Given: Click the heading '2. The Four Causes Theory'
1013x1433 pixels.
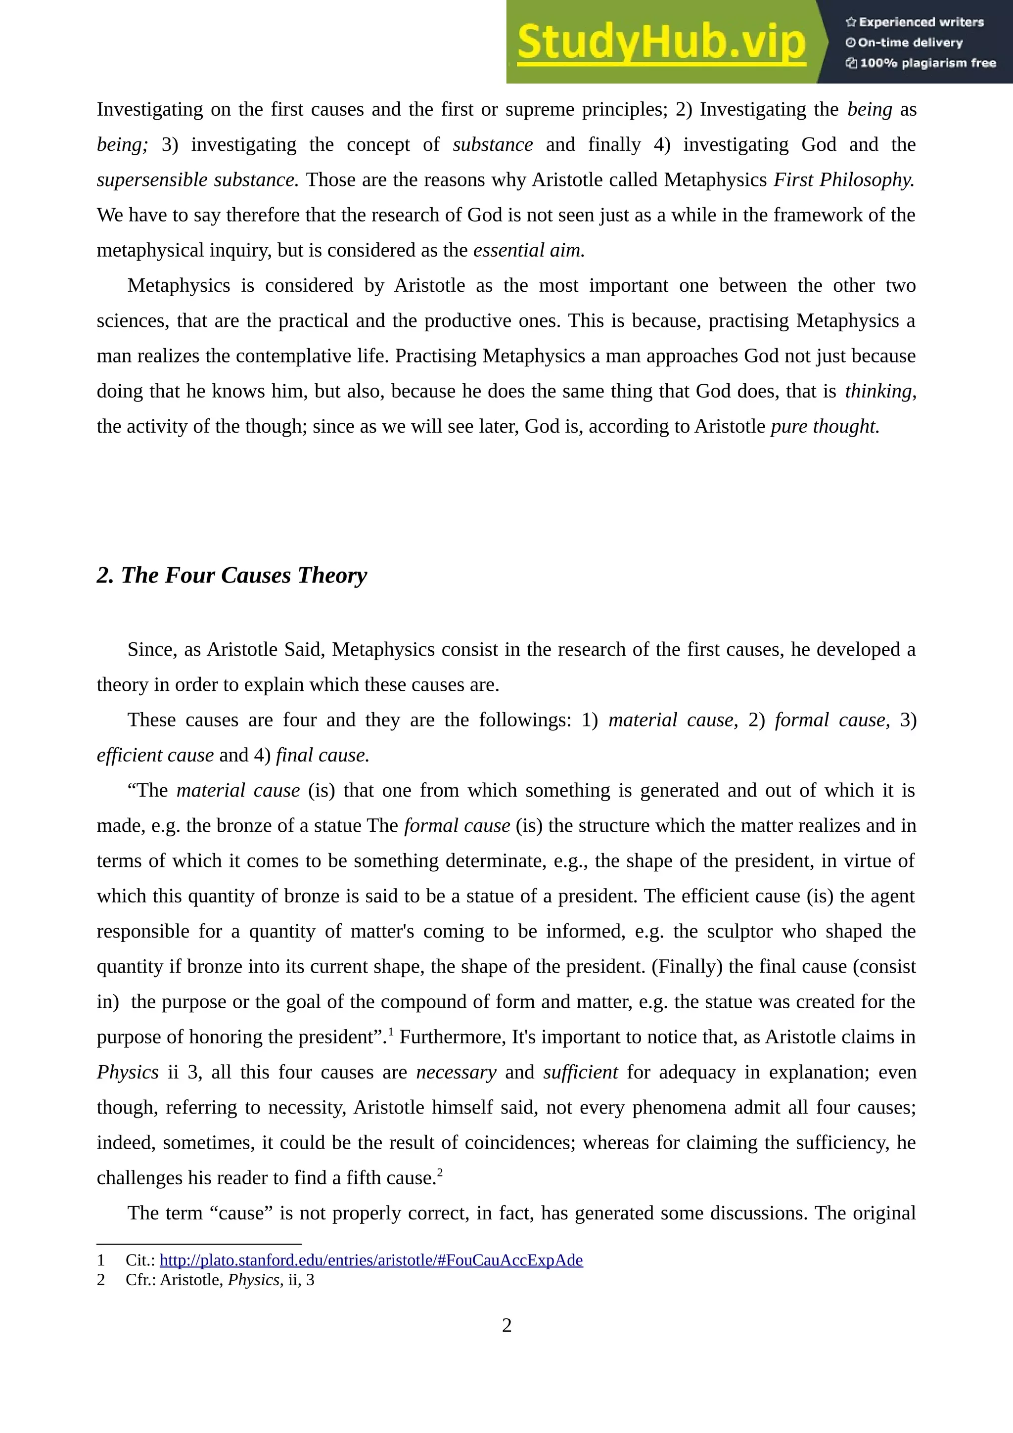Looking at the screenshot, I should (x=231, y=575).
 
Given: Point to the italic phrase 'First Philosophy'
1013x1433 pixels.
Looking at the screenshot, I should (x=843, y=180).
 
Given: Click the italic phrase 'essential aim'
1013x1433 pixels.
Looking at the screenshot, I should (x=528, y=250).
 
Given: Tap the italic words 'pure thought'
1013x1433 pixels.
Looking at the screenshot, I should (x=825, y=426).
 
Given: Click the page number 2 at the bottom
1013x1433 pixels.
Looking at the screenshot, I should (x=506, y=1325).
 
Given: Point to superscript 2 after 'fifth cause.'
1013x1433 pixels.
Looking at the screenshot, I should (x=440, y=1172).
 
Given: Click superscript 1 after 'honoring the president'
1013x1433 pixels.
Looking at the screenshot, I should (x=391, y=1031).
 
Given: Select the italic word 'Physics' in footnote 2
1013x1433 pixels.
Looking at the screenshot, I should (x=253, y=1280).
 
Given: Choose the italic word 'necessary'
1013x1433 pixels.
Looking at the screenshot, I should (x=456, y=1072).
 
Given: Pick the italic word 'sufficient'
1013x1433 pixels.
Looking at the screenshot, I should (x=581, y=1072).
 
